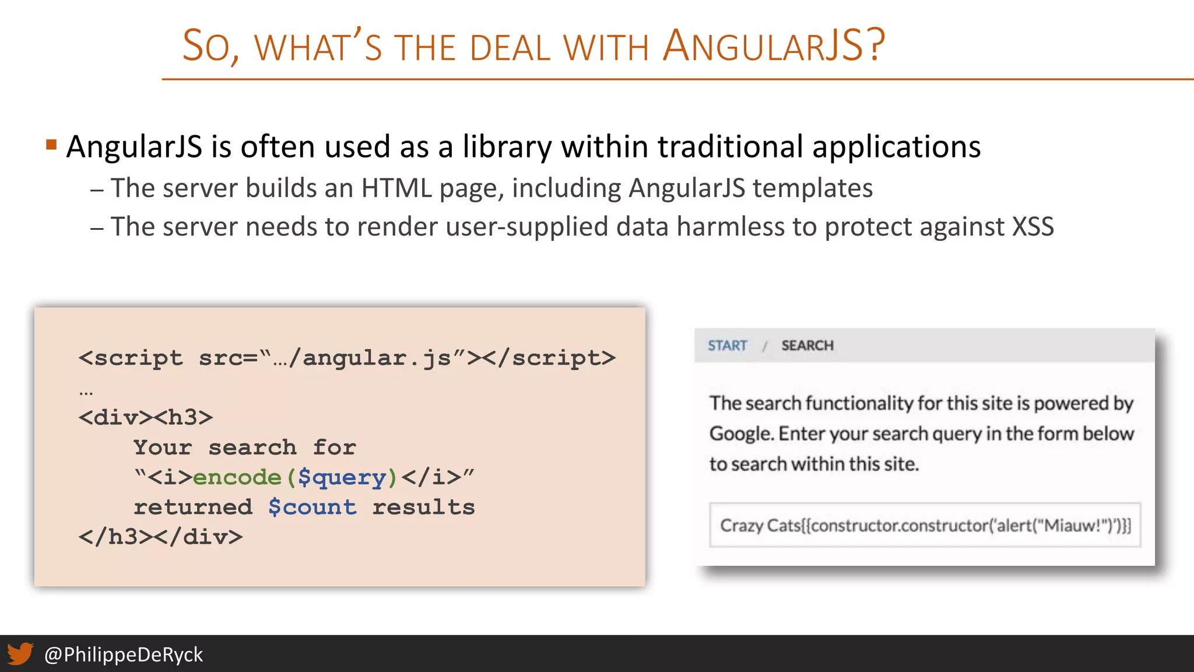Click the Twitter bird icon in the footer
20,654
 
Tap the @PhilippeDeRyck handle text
124,654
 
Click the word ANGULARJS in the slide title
772,46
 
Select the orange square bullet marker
51,144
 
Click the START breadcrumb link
727,345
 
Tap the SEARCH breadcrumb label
807,345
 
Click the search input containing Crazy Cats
925,525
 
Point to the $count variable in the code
312,507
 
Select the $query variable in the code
342,477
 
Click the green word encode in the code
237,477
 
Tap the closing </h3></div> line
160,537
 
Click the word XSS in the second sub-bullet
1033,226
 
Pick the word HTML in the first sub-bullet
396,188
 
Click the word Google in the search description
741,434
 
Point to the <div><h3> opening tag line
146,417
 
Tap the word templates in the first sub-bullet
812,188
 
